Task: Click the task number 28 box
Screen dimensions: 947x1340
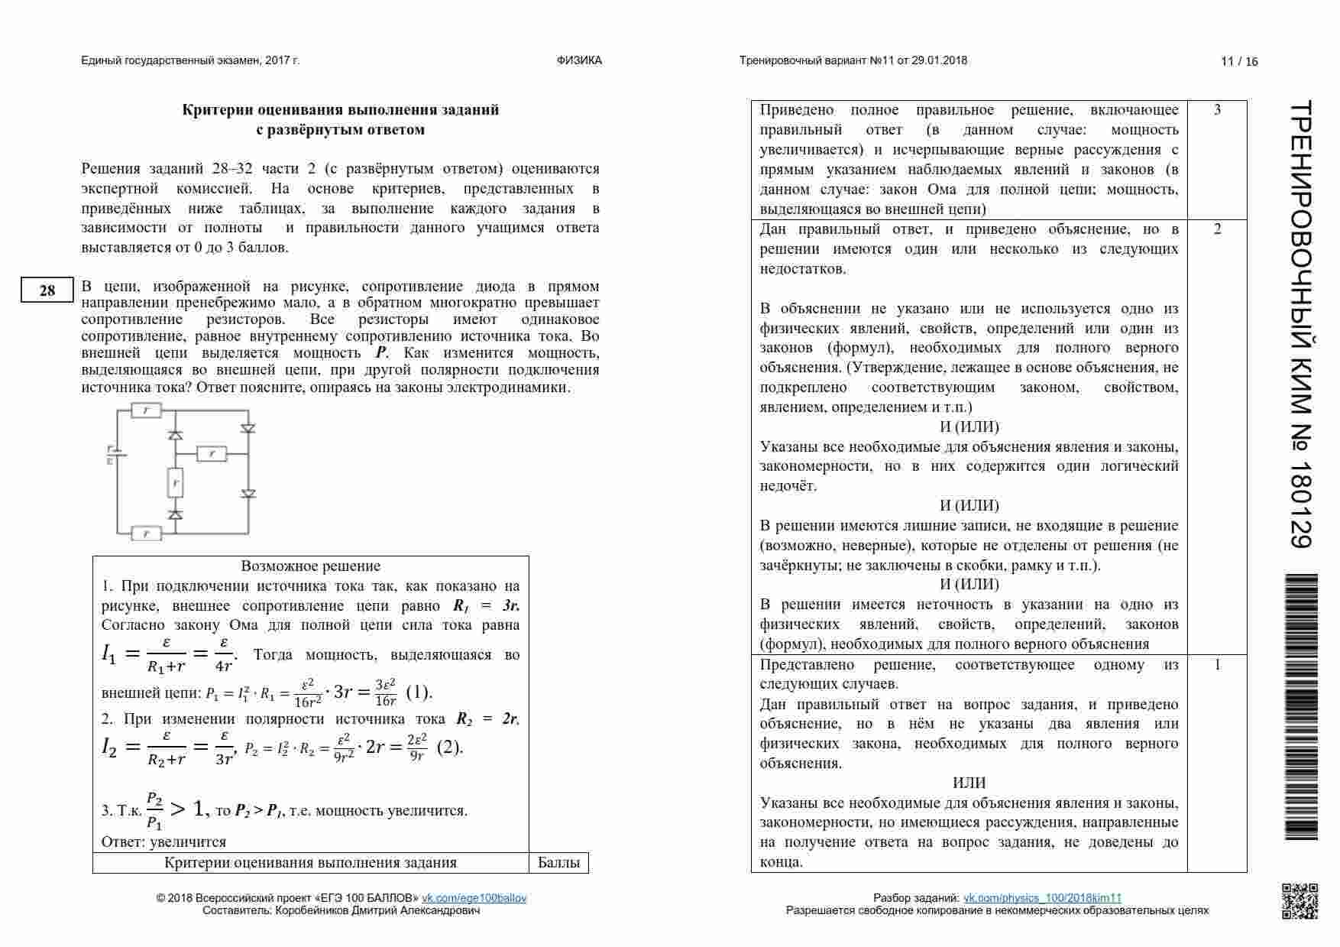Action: coord(47,290)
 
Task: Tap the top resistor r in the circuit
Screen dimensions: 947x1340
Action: coord(146,410)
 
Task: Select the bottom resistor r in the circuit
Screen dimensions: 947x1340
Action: coord(146,533)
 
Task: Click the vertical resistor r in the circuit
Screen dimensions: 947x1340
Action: coord(176,482)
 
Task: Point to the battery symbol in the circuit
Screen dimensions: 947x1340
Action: coord(112,456)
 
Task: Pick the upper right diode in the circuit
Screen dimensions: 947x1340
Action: coord(248,429)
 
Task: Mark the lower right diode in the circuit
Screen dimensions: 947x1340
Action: coord(248,494)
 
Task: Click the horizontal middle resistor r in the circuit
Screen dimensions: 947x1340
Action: coord(212,454)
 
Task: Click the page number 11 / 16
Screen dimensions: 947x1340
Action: coord(1239,61)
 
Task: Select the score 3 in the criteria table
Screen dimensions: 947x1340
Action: coord(1217,110)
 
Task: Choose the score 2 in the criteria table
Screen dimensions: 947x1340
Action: coord(1217,229)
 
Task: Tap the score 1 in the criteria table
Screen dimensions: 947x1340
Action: coord(1217,665)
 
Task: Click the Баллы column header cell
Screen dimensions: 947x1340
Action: coord(558,863)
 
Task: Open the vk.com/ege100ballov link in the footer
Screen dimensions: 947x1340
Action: coord(474,898)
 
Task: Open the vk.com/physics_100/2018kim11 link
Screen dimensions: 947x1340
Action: coord(1042,898)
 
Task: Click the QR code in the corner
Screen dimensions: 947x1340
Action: coord(1299,901)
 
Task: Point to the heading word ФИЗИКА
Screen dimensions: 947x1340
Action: coord(579,60)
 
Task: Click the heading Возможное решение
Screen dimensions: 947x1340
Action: coord(310,566)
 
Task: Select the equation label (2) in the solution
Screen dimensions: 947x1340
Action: coord(450,747)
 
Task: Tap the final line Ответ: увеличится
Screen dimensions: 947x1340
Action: coord(163,842)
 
